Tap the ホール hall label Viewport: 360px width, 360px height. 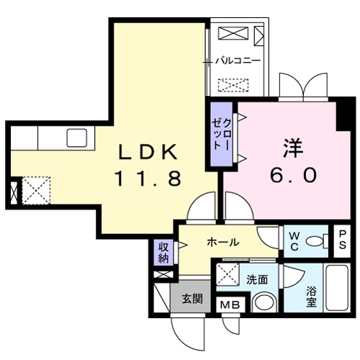pyautogui.click(x=222, y=243)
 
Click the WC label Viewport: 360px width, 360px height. pyautogui.click(x=294, y=240)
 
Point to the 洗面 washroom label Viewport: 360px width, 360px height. pyautogui.click(x=256, y=279)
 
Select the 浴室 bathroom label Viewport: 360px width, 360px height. pyautogui.click(x=311, y=297)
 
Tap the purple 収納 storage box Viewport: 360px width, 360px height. pyautogui.click(x=163, y=252)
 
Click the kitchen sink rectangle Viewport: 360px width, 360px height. pyautogui.click(x=76, y=136)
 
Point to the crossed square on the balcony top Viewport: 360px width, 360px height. pyautogui.click(x=231, y=33)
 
